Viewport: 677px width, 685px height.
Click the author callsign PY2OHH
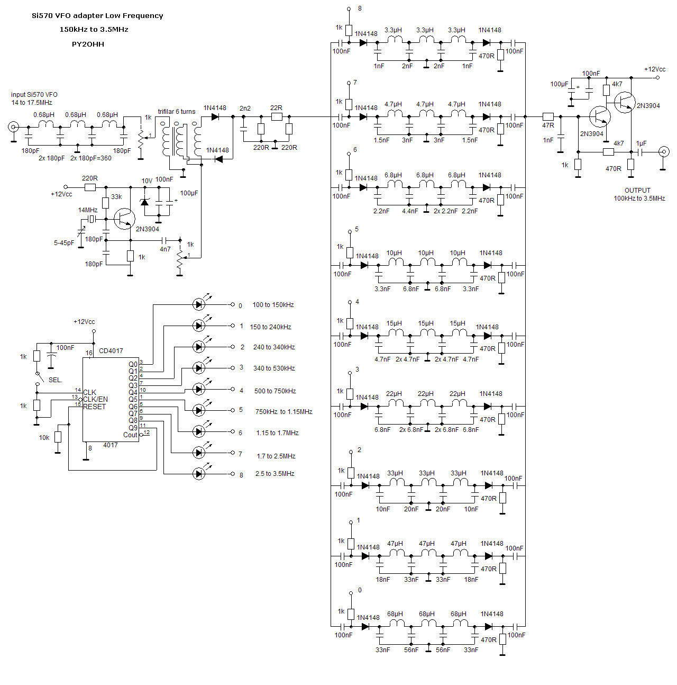coord(88,44)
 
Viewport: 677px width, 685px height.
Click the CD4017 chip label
coord(111,351)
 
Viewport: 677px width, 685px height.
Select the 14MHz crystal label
coord(88,210)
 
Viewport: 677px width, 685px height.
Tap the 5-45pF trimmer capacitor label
coord(64,243)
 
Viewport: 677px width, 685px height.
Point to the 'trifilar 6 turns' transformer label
coord(176,112)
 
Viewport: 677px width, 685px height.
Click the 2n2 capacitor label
coord(245,109)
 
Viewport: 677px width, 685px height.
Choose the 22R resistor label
coord(276,108)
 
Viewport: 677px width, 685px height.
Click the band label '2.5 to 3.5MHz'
coord(275,474)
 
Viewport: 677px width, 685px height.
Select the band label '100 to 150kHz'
coord(273,305)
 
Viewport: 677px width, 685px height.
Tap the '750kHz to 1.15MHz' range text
coord(283,412)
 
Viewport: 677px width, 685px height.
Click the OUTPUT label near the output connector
coord(637,191)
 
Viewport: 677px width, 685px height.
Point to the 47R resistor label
coord(548,126)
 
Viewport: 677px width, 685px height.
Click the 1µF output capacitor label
coord(641,143)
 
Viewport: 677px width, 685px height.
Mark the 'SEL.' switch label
coord(56,380)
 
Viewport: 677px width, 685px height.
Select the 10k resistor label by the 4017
coord(44,438)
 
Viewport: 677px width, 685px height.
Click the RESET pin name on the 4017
coord(95,407)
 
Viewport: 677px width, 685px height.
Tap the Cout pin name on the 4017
coord(130,435)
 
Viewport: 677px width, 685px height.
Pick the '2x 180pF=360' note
coord(91,158)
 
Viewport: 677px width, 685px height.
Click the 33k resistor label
coord(116,197)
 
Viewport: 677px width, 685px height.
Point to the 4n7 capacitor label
coord(165,249)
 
